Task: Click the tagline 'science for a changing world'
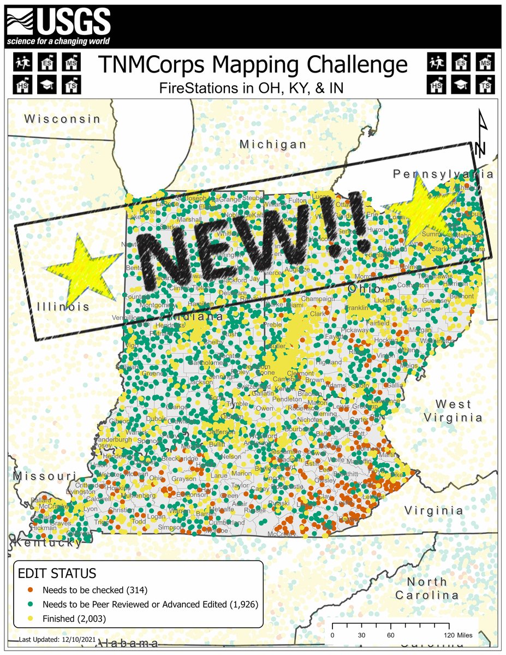(x=58, y=41)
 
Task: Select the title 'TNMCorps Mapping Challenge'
(x=253, y=64)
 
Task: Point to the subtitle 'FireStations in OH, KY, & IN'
(x=253, y=87)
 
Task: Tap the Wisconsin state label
(x=63, y=119)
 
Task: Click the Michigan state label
(x=273, y=145)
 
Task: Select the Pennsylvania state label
(x=443, y=175)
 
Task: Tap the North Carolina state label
(x=434, y=588)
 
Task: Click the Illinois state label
(x=63, y=307)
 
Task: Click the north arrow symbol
(x=481, y=134)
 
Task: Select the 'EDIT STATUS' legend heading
(x=57, y=574)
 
